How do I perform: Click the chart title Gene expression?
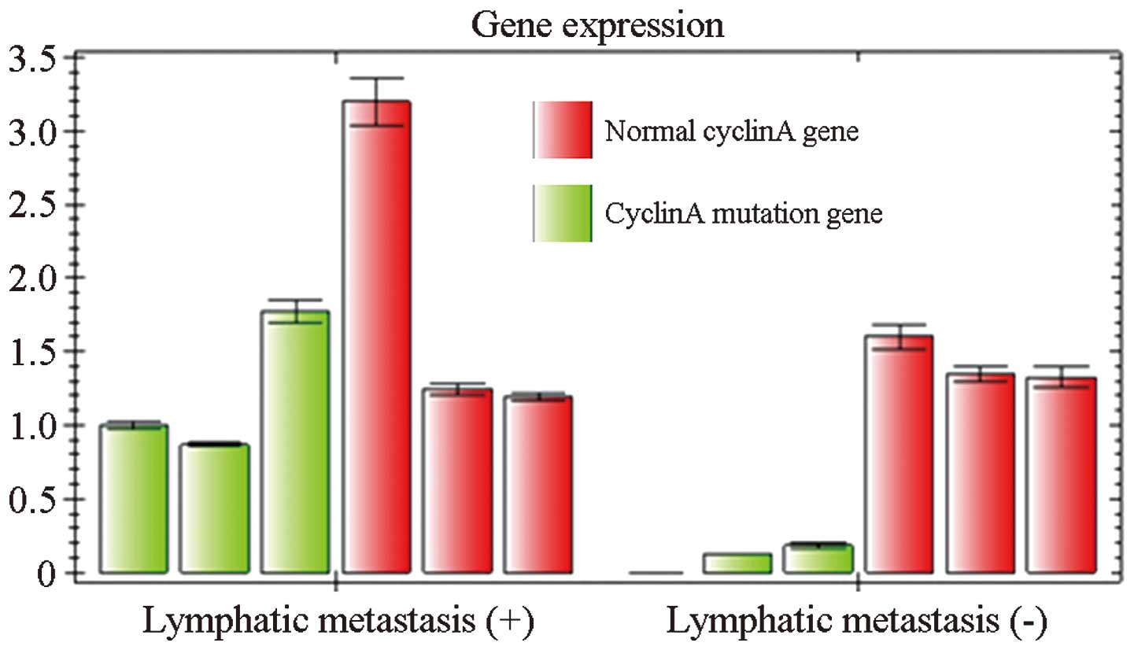597,25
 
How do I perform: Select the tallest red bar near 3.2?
376,338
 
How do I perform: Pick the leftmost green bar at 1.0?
134,499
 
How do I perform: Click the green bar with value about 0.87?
214,508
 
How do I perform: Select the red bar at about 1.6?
899,455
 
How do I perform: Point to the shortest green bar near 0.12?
737,563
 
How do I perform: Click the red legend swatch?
563,130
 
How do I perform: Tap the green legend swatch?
563,213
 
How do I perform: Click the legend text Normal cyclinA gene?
731,131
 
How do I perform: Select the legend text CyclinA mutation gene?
744,214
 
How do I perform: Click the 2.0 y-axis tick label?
32,279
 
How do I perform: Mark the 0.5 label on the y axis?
32,500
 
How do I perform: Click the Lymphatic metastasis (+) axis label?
339,622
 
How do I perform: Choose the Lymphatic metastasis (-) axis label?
857,622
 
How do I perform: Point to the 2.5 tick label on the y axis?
32,205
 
